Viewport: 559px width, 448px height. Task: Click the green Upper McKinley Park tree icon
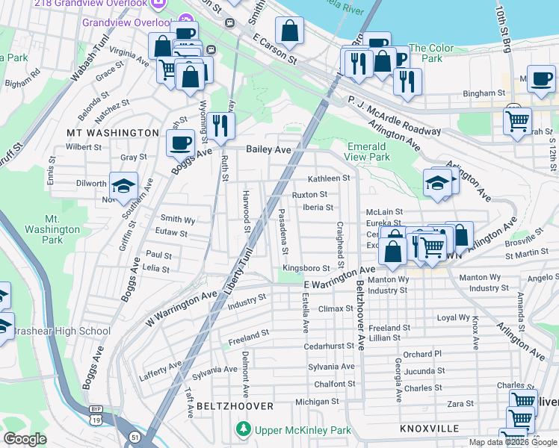[243, 429]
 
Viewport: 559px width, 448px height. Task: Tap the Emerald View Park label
[368, 152]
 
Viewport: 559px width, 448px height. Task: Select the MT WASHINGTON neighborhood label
[112, 132]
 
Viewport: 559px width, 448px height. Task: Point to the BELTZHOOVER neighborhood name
[235, 405]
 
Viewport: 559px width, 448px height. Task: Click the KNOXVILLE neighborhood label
[429, 429]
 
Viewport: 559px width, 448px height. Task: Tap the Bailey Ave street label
[268, 149]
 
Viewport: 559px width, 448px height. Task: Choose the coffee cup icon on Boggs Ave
[179, 143]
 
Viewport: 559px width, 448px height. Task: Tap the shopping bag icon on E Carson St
[289, 31]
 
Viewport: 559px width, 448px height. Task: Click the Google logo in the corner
[25, 439]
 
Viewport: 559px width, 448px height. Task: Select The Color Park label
[431, 53]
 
